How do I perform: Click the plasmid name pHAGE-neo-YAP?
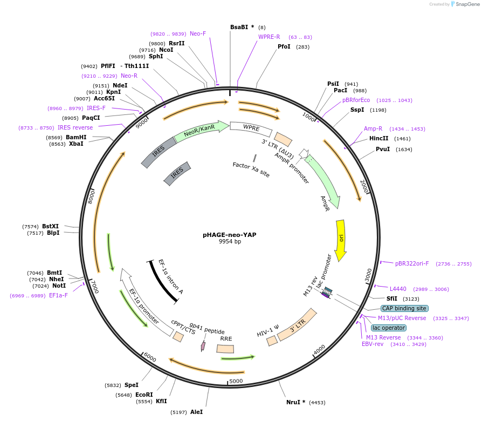click(x=230, y=235)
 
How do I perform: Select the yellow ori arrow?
click(x=341, y=239)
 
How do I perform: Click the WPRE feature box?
click(x=251, y=128)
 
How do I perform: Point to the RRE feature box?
click(x=225, y=349)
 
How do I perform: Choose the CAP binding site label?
click(x=404, y=308)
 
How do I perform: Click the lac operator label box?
click(x=389, y=328)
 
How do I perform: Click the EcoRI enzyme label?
click(x=144, y=395)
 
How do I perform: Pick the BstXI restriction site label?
click(x=51, y=226)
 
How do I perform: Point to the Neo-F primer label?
click(x=198, y=33)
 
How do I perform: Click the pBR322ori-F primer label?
click(x=412, y=263)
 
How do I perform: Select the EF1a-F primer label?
click(x=58, y=295)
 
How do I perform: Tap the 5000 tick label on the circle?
click(x=236, y=381)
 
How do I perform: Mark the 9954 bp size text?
click(x=230, y=242)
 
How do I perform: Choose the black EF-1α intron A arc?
click(x=163, y=282)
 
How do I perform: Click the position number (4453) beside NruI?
click(x=318, y=402)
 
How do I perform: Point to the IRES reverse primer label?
click(x=75, y=127)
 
